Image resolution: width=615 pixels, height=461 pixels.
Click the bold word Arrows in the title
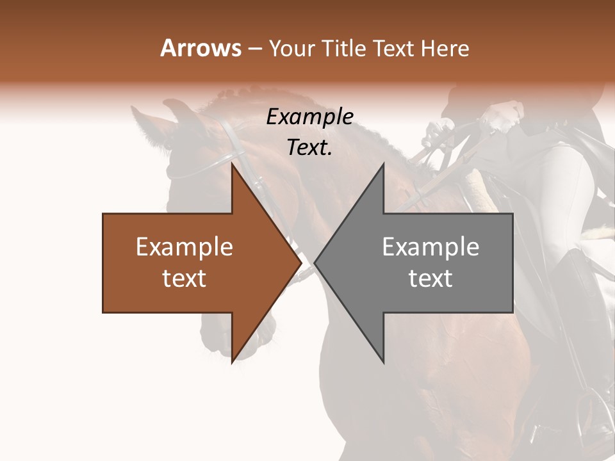click(201, 48)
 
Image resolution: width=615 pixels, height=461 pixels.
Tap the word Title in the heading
click(345, 49)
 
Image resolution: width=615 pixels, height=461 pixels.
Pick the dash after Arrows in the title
click(255, 49)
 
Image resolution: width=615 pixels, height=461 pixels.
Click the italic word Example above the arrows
click(310, 117)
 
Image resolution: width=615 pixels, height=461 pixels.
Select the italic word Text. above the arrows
click(309, 148)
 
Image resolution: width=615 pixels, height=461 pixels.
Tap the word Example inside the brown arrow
click(184, 247)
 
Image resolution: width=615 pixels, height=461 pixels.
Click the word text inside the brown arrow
click(184, 279)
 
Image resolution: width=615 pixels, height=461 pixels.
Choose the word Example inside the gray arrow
click(430, 247)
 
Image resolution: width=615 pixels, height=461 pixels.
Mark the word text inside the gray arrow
click(430, 279)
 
